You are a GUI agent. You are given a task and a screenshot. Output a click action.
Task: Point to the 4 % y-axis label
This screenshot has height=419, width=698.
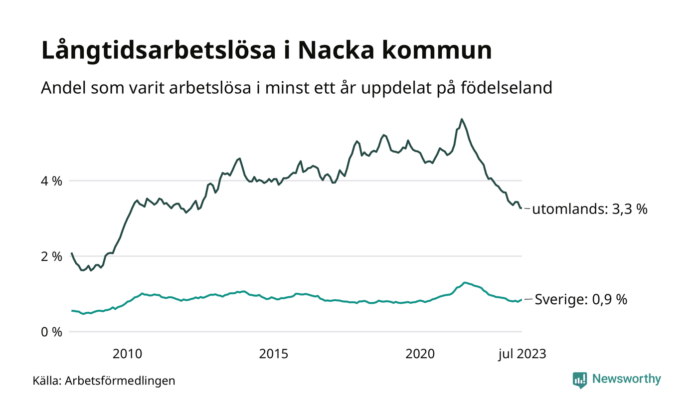[x=51, y=181]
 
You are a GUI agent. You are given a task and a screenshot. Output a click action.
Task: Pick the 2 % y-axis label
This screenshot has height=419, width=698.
[x=51, y=256]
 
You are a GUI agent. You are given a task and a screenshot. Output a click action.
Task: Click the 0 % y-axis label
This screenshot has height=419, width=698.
[x=51, y=332]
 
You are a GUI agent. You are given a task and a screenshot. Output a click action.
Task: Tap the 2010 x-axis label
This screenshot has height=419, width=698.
[x=127, y=354]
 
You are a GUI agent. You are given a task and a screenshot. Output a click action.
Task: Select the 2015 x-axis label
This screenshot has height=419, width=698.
[x=274, y=354]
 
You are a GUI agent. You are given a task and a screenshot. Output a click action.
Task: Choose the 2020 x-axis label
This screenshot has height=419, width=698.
[x=420, y=354]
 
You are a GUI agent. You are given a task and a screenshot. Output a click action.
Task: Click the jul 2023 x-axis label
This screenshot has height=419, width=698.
[x=523, y=354]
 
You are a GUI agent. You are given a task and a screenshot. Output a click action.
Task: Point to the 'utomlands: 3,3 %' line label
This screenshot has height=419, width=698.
[x=590, y=209]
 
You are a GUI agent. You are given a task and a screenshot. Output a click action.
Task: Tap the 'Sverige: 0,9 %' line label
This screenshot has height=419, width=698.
[x=581, y=300]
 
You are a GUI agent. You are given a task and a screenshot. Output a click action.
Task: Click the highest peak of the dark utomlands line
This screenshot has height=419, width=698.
[x=462, y=119]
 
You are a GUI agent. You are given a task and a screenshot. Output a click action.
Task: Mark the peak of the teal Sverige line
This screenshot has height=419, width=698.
[x=465, y=283]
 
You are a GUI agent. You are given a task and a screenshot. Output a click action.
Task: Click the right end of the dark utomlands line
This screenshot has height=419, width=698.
[x=522, y=208]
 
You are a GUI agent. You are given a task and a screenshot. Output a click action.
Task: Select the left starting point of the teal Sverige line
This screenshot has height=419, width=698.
[x=72, y=311]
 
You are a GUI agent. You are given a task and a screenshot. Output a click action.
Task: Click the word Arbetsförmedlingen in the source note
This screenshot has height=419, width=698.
[x=120, y=381]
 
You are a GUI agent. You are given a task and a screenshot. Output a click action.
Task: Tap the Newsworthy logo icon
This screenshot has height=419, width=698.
[x=580, y=380]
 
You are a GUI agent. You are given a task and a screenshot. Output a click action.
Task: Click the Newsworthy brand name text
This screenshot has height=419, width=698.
[x=626, y=379]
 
